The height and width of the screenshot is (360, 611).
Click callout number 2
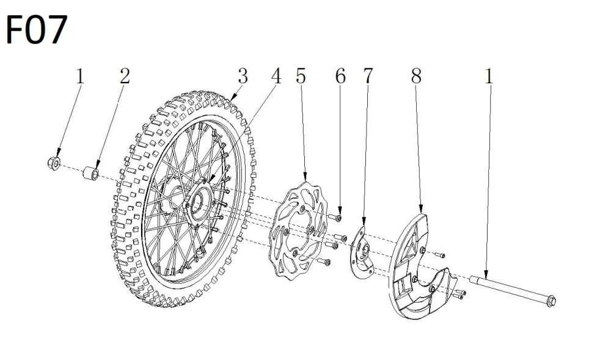click(125, 76)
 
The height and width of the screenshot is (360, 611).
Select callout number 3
click(243, 76)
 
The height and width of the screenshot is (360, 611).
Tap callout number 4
click(276, 76)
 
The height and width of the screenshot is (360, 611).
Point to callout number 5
click(301, 76)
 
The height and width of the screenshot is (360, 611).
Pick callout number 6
click(340, 76)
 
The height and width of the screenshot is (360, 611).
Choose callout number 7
click(368, 76)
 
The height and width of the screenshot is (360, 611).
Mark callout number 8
click(416, 76)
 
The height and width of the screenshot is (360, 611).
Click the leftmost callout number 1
click(80, 76)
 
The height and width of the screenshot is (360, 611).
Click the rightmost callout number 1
click(489, 76)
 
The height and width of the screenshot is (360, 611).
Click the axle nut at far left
click(53, 163)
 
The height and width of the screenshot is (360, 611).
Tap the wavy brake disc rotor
click(298, 230)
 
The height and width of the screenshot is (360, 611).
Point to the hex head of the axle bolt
click(551, 301)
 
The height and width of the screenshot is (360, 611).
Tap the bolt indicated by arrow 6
click(335, 218)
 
